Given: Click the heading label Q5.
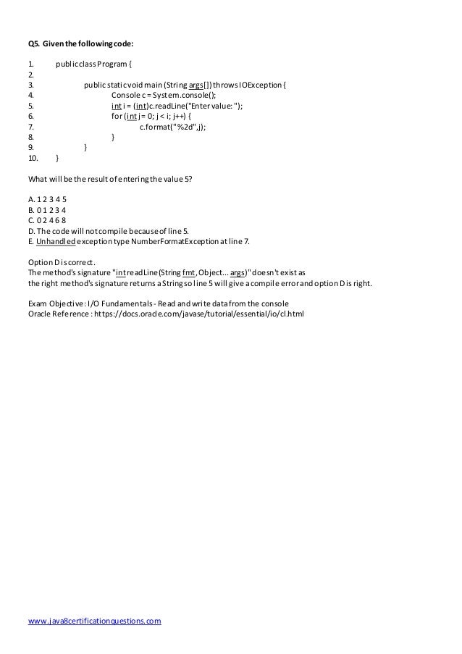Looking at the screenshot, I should (x=33, y=43).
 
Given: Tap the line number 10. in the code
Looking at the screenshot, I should (x=33, y=157).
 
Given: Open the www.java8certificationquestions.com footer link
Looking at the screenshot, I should (x=94, y=621).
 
